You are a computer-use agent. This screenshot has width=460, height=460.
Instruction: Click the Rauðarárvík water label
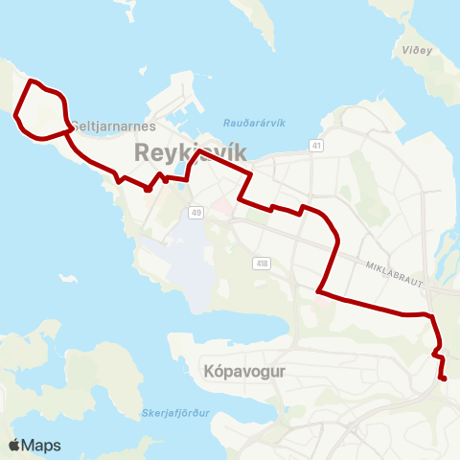point(253,123)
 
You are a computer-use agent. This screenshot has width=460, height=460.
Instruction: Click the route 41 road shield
point(316,145)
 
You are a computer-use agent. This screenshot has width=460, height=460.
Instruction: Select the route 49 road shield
point(196,212)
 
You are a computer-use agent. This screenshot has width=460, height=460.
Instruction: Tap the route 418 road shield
point(262,264)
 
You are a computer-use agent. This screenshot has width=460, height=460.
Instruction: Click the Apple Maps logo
point(34,445)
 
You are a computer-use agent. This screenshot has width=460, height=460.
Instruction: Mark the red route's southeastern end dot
point(444,379)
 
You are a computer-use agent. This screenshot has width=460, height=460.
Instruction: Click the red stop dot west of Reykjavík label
point(148,189)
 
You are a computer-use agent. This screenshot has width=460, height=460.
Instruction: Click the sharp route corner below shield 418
point(317,288)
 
